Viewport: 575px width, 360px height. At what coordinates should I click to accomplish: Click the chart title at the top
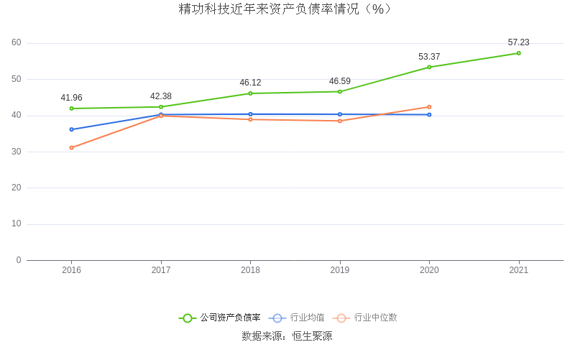click(287, 9)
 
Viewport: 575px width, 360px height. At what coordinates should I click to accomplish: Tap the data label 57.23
click(518, 42)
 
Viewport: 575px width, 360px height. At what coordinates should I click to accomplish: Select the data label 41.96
click(71, 98)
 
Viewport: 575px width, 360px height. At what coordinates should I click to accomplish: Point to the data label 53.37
click(429, 57)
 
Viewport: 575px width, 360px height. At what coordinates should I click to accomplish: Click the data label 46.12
click(250, 83)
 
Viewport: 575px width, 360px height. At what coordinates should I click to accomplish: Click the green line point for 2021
click(518, 53)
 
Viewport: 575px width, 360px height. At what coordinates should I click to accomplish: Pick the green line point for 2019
click(340, 91)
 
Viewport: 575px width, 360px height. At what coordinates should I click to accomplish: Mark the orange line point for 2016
click(71, 147)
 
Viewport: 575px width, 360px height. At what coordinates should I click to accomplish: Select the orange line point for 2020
click(429, 107)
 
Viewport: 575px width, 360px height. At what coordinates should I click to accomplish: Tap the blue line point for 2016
click(71, 129)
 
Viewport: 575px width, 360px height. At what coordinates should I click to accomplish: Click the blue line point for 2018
click(250, 114)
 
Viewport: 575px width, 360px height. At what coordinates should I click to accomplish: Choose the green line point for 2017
click(161, 107)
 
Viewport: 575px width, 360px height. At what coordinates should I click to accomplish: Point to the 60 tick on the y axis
click(17, 43)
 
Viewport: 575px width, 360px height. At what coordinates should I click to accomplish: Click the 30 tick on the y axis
click(17, 152)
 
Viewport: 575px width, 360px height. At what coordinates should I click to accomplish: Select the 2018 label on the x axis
click(250, 270)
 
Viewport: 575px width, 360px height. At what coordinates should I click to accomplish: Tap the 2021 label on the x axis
click(518, 270)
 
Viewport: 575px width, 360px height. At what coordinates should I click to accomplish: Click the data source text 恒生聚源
click(311, 336)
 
